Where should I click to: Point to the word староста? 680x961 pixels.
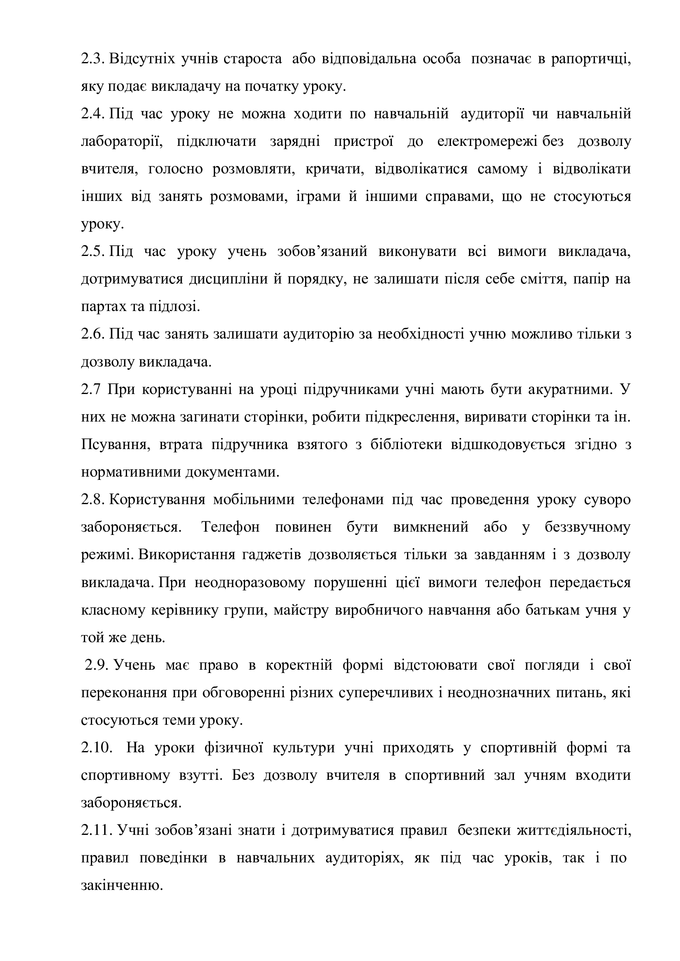click(x=253, y=60)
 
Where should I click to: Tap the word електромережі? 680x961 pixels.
click(x=488, y=142)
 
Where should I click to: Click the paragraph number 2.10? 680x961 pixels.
click(x=97, y=748)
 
